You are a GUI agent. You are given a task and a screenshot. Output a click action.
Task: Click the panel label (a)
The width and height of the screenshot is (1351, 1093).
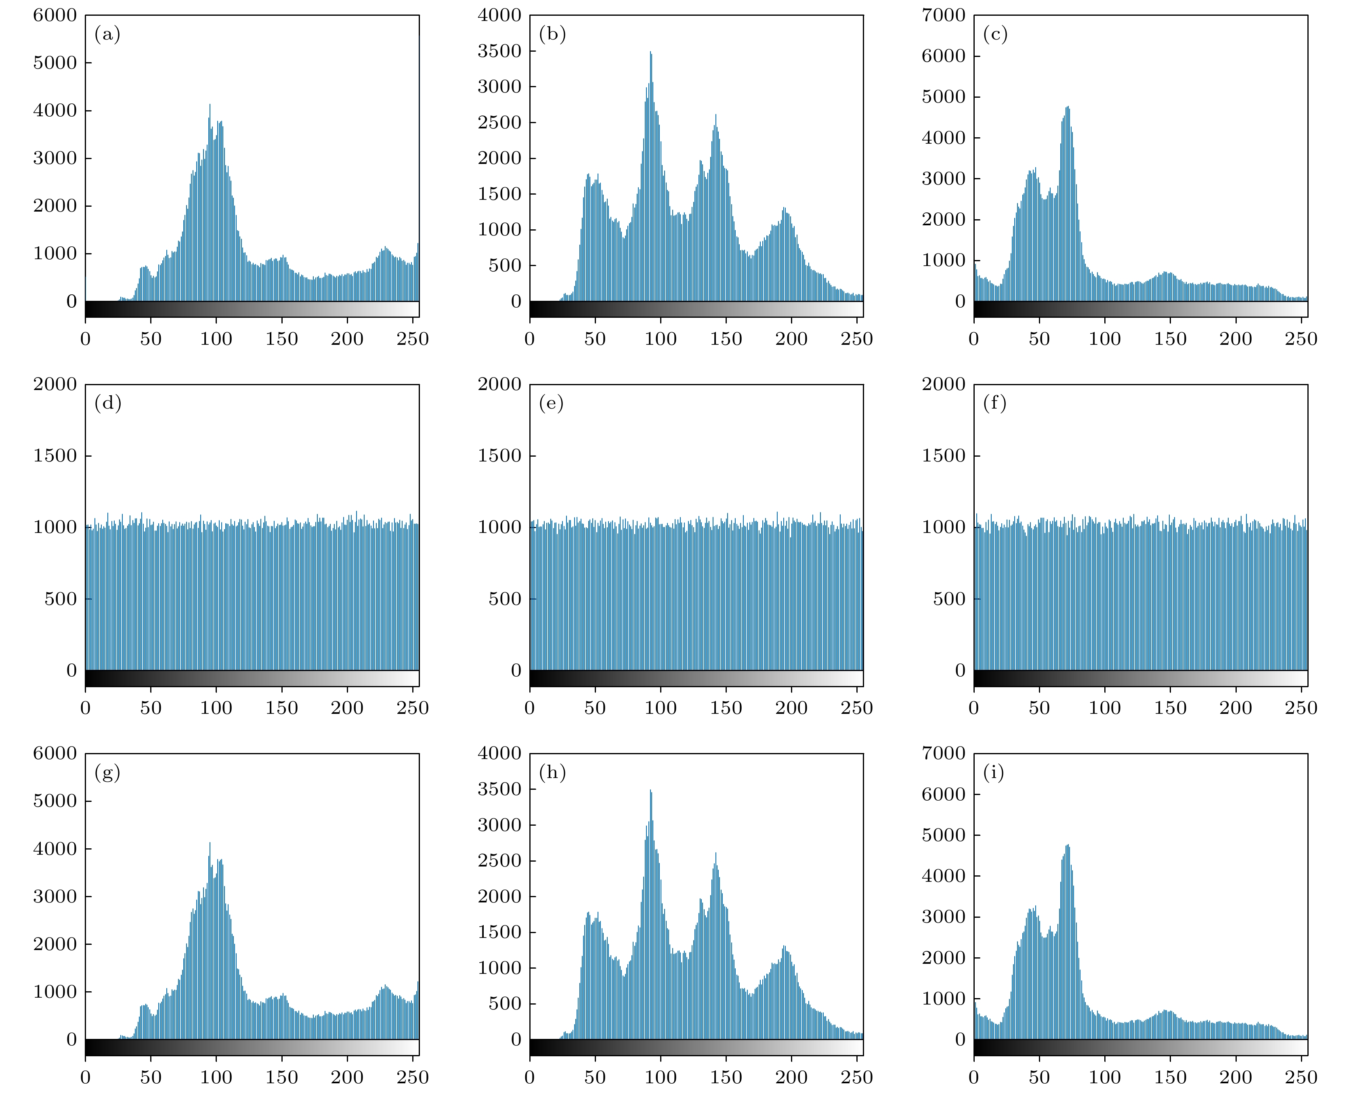(x=107, y=34)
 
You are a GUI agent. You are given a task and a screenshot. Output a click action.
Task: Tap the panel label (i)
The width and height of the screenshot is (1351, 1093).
(x=994, y=772)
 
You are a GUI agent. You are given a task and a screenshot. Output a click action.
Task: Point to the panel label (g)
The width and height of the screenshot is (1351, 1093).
(x=107, y=772)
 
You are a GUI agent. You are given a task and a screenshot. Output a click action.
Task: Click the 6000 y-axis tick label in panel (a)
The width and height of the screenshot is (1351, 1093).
(x=55, y=15)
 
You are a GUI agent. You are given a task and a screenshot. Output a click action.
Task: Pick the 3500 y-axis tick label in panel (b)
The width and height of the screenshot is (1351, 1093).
(x=499, y=51)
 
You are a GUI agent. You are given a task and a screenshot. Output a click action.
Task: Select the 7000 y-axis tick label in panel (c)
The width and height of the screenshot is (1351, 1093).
(x=943, y=15)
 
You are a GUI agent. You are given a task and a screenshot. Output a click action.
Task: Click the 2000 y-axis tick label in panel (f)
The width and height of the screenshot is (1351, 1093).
(x=943, y=384)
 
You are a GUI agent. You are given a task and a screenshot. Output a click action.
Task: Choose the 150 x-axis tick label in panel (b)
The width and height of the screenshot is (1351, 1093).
(x=726, y=339)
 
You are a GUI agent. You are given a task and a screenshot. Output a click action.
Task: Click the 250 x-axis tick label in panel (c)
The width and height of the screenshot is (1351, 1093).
(x=1301, y=339)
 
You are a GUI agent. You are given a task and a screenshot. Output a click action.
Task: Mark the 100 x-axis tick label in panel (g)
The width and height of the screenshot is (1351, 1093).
(x=216, y=1077)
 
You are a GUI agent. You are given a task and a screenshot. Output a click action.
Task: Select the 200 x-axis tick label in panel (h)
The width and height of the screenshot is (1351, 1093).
(x=791, y=1077)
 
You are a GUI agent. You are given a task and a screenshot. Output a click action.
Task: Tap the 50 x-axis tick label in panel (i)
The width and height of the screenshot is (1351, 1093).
(x=1039, y=1077)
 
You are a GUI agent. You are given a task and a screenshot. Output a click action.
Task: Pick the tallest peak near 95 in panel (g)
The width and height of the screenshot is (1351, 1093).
(x=210, y=844)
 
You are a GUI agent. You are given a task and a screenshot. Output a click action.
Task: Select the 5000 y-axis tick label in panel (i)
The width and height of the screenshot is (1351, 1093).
(x=943, y=835)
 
